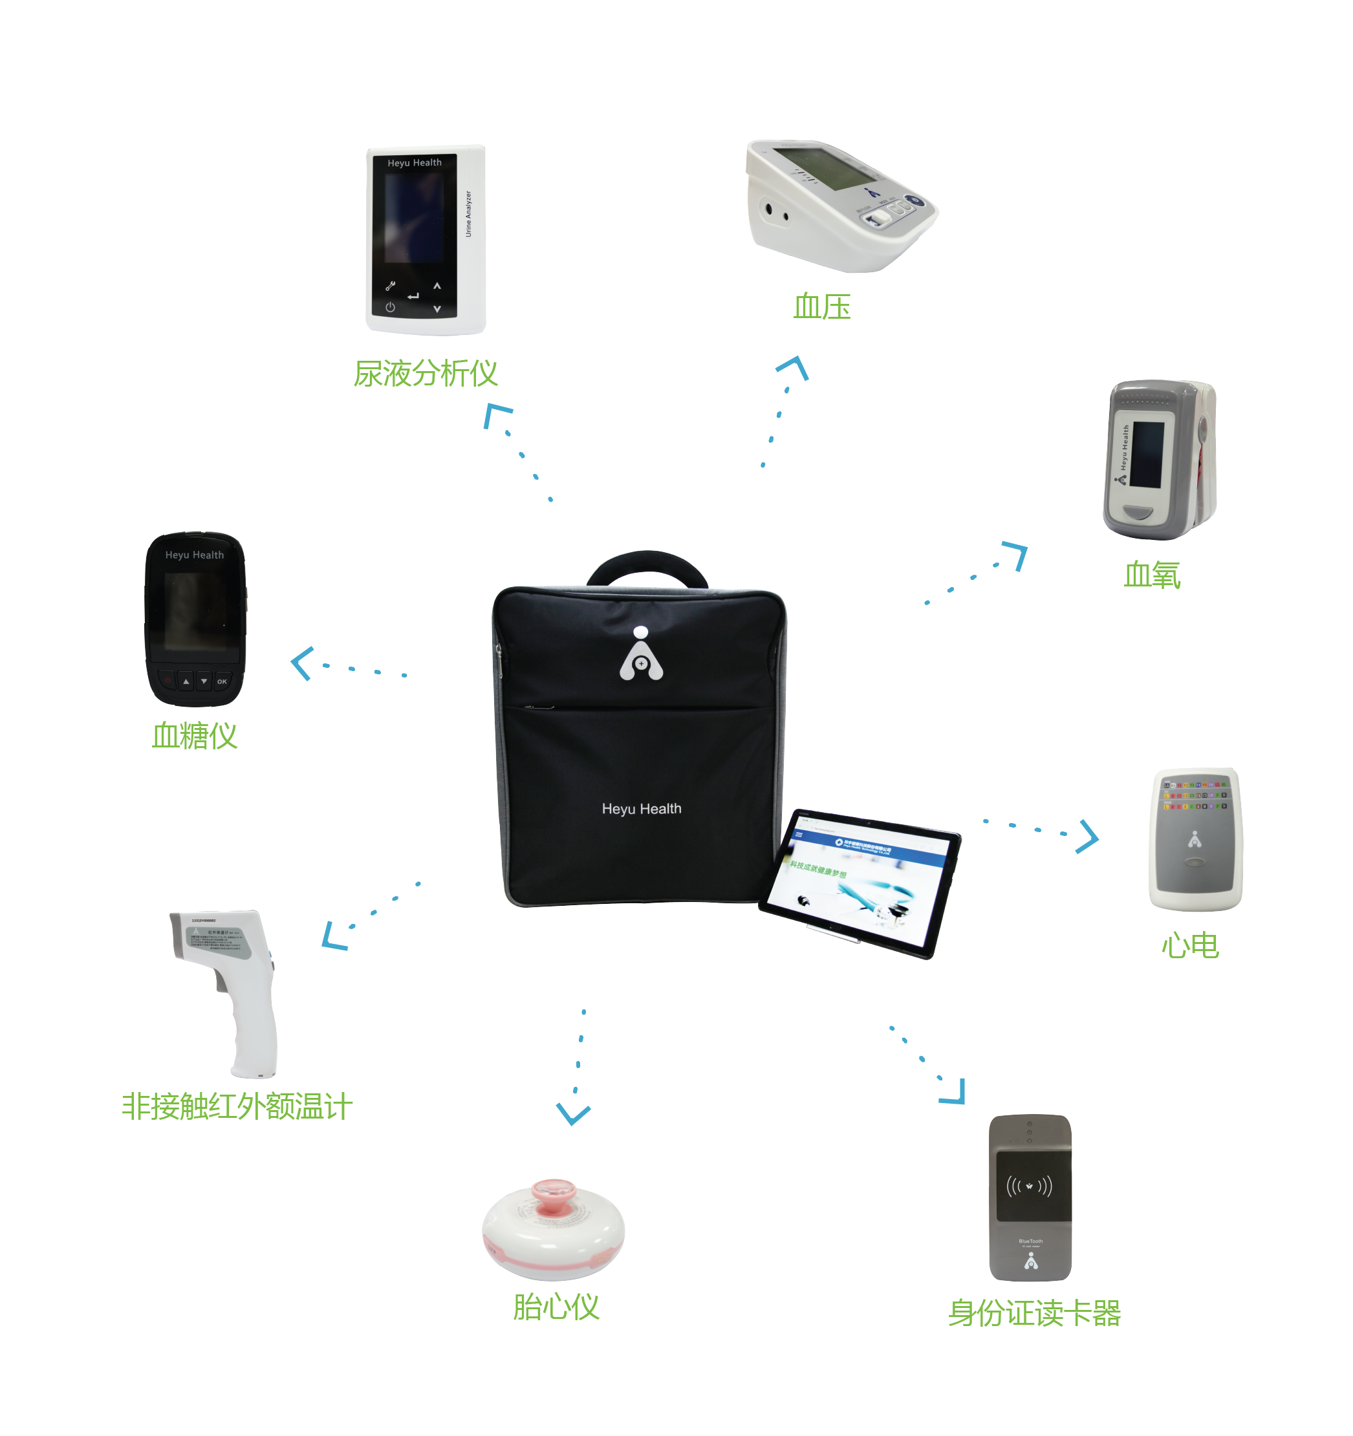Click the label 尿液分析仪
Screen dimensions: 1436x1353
tap(425, 374)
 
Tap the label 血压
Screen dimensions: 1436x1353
tap(821, 307)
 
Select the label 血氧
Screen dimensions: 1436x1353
tap(1151, 575)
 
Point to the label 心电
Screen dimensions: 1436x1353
tap(1190, 945)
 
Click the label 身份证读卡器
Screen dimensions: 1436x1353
tap(1034, 1313)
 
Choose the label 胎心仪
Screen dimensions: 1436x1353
tap(556, 1307)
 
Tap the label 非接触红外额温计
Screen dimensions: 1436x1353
tap(237, 1107)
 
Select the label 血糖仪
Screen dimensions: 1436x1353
tap(194, 736)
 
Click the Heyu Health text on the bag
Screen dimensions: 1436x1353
tap(642, 809)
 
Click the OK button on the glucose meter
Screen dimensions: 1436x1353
tap(222, 681)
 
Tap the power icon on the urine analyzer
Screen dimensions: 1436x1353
tap(390, 307)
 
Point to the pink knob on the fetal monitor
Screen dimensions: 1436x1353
tap(554, 1192)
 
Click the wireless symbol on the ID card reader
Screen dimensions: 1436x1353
tap(1030, 1186)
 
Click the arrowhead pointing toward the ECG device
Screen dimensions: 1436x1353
tap(1088, 837)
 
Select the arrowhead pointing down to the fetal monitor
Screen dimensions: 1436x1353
tap(573, 1115)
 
